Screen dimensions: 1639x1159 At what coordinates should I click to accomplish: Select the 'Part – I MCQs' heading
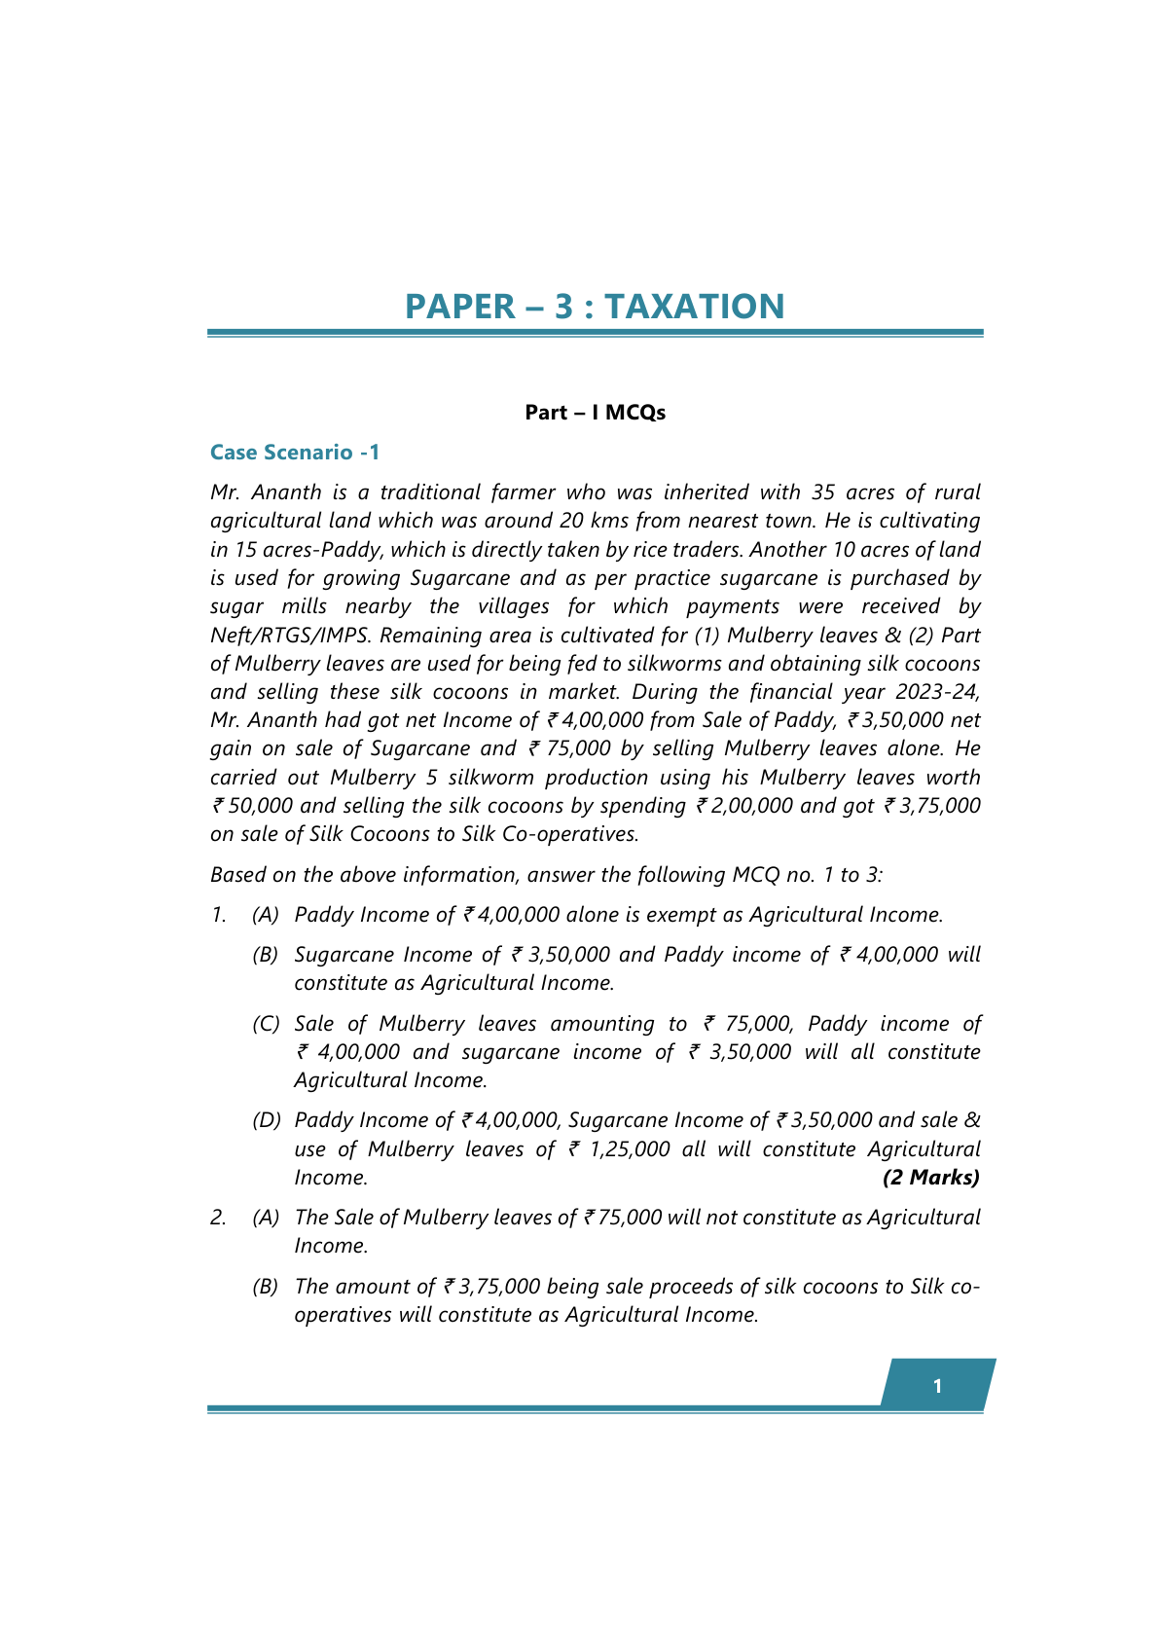595,413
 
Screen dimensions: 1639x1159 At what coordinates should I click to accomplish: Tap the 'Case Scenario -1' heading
295,453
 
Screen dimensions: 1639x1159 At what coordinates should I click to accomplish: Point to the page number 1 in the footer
937,1386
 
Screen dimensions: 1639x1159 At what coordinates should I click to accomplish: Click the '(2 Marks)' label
930,1178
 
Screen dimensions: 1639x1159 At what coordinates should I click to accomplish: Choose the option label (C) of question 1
266,1024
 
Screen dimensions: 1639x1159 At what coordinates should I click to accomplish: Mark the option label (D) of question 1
266,1121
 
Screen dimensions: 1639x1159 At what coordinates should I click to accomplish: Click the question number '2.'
218,1218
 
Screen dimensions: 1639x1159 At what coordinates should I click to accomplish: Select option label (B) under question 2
266,1287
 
